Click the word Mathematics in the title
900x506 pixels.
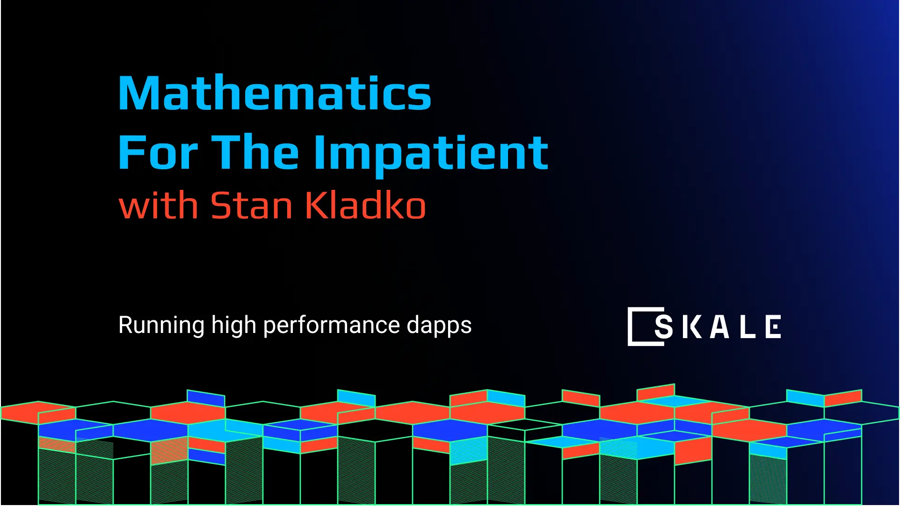tap(275, 94)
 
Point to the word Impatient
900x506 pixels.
tap(430, 152)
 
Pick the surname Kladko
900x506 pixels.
tap(365, 205)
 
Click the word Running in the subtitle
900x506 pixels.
tap(161, 325)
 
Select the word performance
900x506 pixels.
tap(331, 325)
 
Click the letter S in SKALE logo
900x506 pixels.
tap(663, 326)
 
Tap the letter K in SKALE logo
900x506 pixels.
tap(691, 326)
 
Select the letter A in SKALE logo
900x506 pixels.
tap(719, 326)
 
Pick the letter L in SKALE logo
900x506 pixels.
tap(748, 326)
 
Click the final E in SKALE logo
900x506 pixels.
tap(773, 326)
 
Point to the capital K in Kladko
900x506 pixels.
tap(316, 205)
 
